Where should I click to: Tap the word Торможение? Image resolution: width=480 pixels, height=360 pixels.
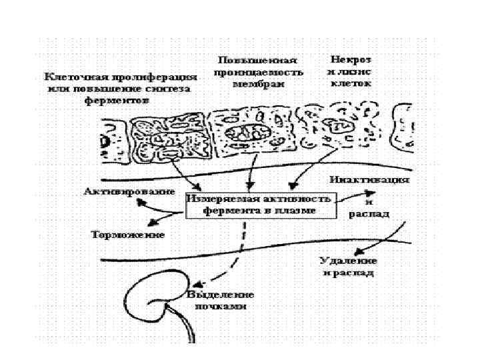coord(127,235)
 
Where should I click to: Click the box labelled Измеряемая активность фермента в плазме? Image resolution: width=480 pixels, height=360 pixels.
coord(260,205)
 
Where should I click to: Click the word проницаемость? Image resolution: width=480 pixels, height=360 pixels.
coord(257,72)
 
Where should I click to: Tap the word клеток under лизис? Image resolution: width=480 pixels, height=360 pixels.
coord(351,84)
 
